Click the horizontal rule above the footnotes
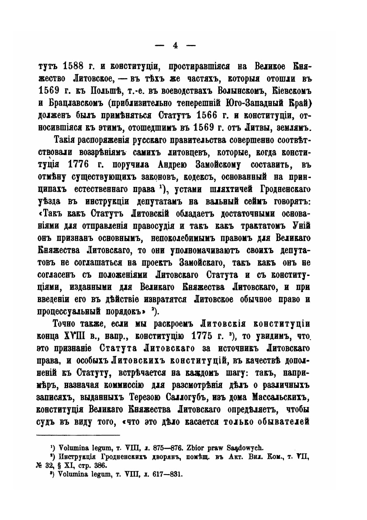tap(78, 435)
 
